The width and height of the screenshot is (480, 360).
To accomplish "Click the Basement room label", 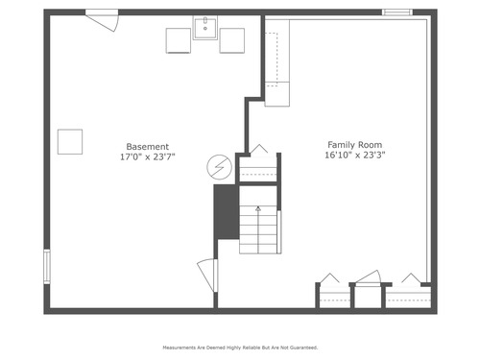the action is [148, 147].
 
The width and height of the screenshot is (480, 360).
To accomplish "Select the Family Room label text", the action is [354, 145].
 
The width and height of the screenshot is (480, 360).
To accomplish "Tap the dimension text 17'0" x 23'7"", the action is [148, 157].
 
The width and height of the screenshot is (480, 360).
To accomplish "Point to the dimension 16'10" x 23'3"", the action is [355, 156].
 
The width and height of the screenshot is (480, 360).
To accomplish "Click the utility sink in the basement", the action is [205, 28].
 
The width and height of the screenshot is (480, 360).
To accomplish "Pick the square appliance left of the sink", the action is [179, 40].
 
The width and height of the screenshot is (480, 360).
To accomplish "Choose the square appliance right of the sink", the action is [232, 40].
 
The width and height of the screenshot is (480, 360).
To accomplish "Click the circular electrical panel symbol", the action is [219, 167].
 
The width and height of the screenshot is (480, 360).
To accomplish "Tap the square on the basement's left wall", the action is [70, 142].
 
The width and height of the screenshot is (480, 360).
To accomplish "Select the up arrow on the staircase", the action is [258, 229].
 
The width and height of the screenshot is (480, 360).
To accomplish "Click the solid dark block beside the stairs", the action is [227, 212].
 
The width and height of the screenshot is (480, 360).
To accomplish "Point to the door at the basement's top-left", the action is [103, 20].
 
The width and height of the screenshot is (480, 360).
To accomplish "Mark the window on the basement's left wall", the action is [47, 267].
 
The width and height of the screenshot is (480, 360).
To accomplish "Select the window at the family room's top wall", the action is [397, 12].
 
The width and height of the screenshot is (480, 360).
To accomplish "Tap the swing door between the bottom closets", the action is [369, 277].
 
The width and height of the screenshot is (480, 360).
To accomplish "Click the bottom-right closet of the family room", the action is [409, 297].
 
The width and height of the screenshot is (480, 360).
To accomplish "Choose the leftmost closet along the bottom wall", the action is [335, 297].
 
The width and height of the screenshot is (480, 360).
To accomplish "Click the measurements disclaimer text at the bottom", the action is [240, 348].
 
